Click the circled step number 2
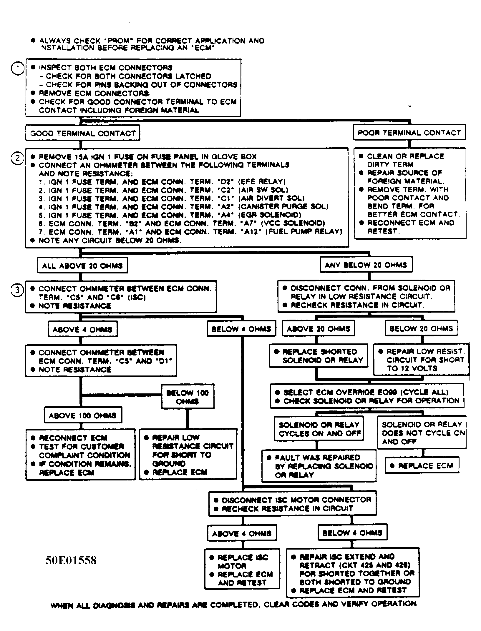17,158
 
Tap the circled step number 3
17,290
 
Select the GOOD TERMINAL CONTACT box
83,133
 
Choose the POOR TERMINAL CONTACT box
409,133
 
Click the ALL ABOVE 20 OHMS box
82,266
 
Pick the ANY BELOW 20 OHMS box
366,265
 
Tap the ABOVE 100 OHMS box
82,415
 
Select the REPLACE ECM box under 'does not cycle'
422,466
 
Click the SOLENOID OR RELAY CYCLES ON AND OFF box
319,429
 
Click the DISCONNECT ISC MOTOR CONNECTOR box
293,504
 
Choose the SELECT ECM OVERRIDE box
367,396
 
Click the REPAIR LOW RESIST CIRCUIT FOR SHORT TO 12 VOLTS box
421,360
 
